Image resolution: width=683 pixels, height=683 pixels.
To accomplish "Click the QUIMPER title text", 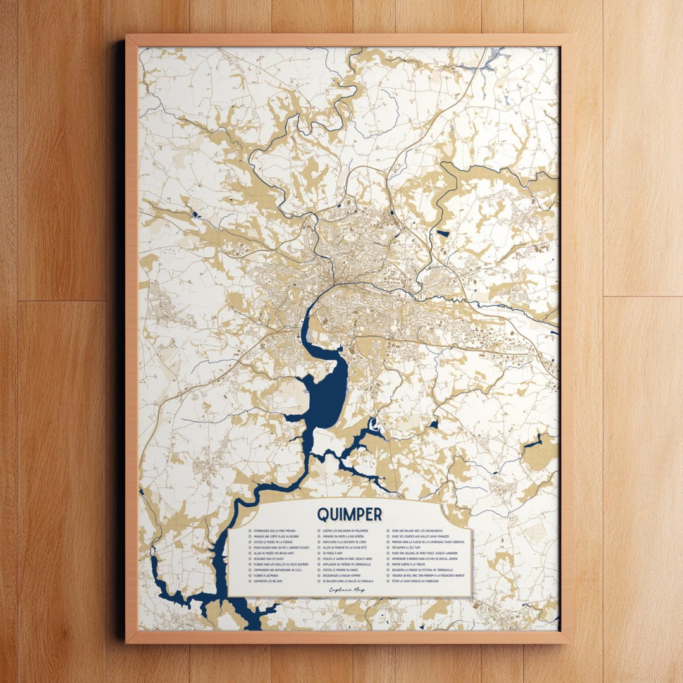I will click(x=349, y=513).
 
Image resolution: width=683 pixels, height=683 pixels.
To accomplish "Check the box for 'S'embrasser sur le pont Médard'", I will click(x=250, y=531).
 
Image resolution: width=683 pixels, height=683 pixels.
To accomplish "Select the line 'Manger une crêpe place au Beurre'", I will click(x=276, y=536).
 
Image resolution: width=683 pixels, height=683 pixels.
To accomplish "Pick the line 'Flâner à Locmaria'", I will click(x=266, y=575).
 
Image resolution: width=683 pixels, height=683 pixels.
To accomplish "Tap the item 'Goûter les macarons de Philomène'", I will click(x=345, y=531).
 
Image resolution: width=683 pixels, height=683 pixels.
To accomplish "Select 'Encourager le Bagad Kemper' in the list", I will click(x=341, y=575).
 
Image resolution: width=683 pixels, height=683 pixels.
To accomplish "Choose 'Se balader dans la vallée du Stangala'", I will click(x=348, y=581).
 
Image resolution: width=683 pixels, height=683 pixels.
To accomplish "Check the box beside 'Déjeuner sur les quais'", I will click(x=250, y=558).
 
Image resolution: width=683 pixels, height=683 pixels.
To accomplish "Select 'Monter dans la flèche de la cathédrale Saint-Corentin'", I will click(x=428, y=542).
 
